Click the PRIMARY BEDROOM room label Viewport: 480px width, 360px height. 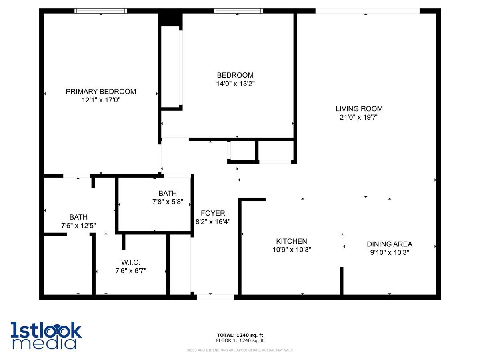click(101, 92)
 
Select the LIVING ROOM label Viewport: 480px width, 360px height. click(359, 108)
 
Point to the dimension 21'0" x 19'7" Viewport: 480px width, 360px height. click(359, 117)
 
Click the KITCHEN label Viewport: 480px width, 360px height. click(292, 241)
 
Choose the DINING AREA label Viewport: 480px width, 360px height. click(389, 244)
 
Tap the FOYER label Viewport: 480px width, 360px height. click(213, 213)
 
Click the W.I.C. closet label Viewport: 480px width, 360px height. click(130, 262)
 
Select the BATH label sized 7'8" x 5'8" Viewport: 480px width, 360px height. click(167, 193)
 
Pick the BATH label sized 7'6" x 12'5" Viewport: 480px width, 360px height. click(78, 217)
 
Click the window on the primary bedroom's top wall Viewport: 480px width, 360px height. click(100, 11)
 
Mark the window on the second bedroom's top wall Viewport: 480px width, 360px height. click(238, 11)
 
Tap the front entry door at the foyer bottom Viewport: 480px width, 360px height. click(215, 297)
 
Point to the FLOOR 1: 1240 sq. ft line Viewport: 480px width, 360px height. click(240, 341)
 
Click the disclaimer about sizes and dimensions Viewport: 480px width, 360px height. click(240, 350)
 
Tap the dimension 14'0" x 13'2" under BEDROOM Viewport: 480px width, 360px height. click(235, 84)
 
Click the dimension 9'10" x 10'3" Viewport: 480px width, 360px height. click(389, 252)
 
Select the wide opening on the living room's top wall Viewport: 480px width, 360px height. click(367, 11)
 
